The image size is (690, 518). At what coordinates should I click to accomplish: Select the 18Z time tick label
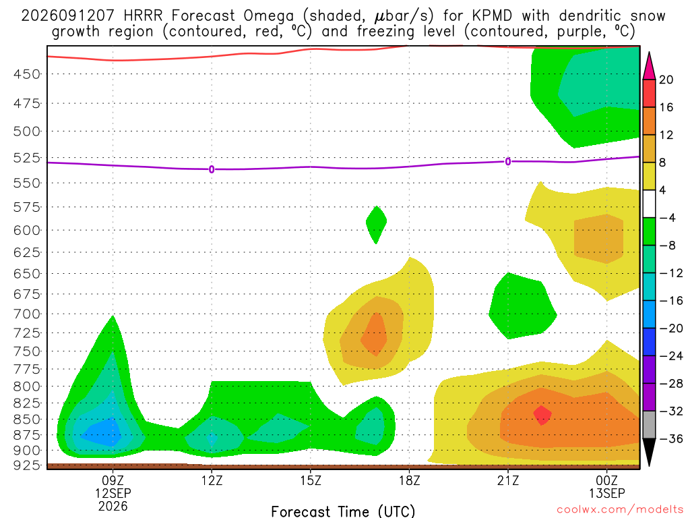tap(409, 480)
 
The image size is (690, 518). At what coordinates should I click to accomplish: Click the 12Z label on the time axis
tap(212, 480)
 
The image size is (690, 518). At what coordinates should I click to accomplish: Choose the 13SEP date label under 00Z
tap(607, 493)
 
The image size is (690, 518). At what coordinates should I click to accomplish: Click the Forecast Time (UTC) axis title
tap(343, 511)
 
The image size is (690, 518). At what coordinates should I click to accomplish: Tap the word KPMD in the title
tap(492, 16)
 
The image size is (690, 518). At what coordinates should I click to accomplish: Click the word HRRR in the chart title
tap(143, 16)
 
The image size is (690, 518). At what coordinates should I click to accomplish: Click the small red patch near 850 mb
tap(542, 415)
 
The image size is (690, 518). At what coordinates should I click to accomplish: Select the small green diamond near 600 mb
tap(376, 225)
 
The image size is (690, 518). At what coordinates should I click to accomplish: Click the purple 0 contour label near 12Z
tap(212, 169)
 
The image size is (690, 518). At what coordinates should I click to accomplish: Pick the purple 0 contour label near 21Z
tap(508, 162)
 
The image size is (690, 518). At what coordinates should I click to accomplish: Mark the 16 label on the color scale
tap(666, 107)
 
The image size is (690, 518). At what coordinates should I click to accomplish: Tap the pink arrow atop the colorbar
tap(649, 66)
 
